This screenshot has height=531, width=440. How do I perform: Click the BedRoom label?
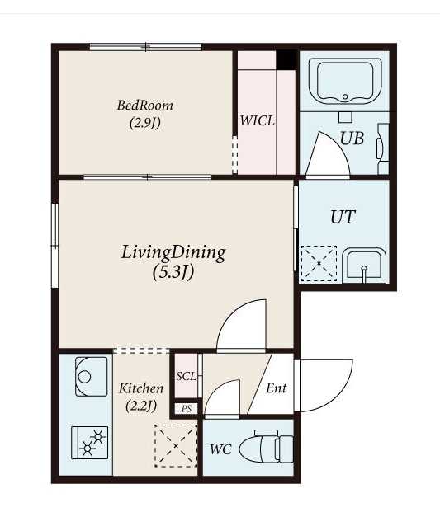tap(145, 106)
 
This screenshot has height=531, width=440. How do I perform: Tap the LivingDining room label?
tap(173, 252)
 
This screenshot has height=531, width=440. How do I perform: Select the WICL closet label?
tap(258, 121)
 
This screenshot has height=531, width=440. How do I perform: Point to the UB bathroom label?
tap(352, 139)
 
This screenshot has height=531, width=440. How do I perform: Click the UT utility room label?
tap(343, 217)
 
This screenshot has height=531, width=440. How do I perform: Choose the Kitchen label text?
tap(141, 388)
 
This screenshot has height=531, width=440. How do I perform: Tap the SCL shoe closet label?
tap(186, 376)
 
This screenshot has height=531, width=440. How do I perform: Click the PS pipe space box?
tap(186, 409)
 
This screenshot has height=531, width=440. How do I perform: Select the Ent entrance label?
tap(277, 388)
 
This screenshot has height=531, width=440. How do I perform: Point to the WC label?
tap(220, 449)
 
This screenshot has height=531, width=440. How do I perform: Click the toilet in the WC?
tap(267, 447)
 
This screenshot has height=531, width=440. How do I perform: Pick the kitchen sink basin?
tap(91, 376)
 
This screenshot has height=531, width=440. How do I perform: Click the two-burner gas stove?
tap(89, 443)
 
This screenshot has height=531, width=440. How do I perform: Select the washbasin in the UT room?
tap(364, 265)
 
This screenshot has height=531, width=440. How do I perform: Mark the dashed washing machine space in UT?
tap(319, 264)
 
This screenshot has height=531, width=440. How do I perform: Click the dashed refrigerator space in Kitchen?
tap(176, 446)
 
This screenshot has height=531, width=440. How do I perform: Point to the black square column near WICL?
tap(286, 60)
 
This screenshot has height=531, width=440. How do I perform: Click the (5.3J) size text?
tap(173, 271)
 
